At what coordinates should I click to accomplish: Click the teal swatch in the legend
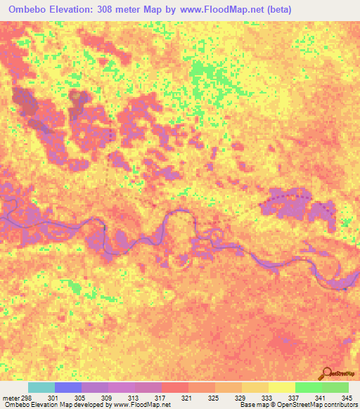(41, 388)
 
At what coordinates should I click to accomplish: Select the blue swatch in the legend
(68, 388)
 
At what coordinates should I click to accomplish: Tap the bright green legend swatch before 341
(309, 388)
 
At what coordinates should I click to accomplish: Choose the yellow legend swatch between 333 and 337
(282, 388)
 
